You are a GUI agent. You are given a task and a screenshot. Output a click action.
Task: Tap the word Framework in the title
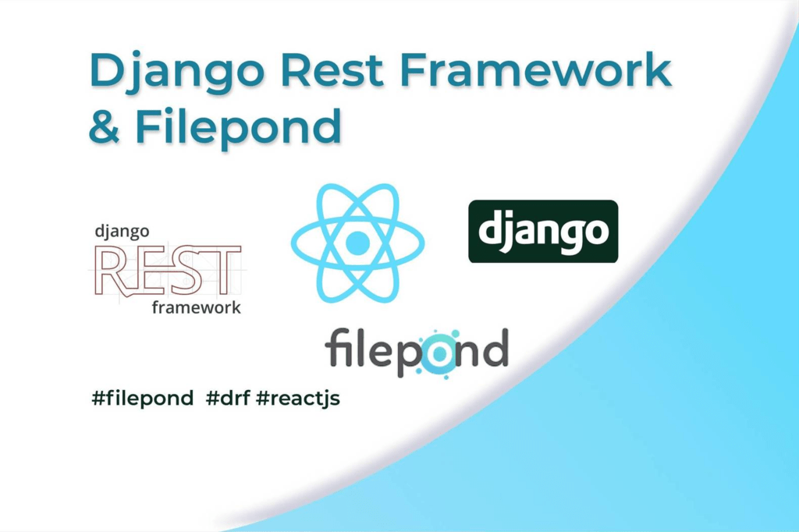(537, 72)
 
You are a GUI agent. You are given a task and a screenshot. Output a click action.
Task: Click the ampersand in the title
(103, 127)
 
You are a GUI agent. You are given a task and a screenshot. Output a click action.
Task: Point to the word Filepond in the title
(238, 127)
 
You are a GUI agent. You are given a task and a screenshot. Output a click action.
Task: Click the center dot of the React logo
(357, 242)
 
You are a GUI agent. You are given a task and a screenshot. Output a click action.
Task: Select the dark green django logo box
(542, 231)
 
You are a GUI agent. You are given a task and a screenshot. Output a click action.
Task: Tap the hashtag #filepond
(142, 399)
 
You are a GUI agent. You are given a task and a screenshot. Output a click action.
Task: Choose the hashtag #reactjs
(297, 399)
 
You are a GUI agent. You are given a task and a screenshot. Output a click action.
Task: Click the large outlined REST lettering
(167, 270)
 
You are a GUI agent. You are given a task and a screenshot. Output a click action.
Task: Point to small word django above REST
(121, 232)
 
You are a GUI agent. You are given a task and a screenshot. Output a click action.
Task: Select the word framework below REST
(196, 307)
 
